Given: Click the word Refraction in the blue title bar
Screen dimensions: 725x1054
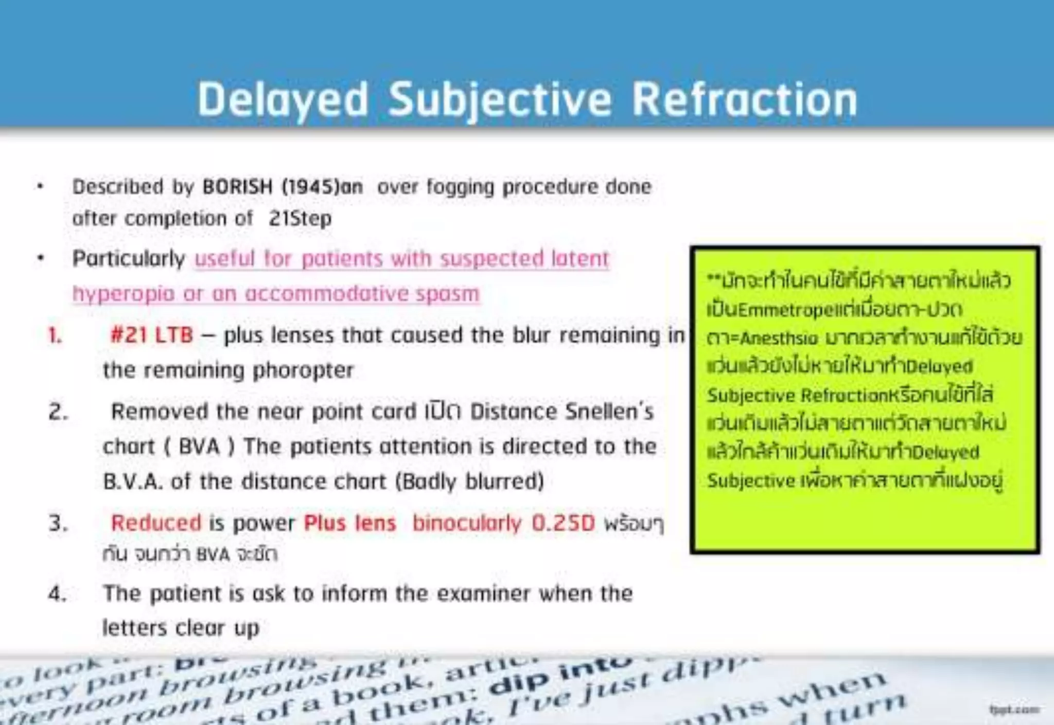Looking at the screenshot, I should pos(744,99).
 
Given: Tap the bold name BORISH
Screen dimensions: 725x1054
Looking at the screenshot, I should pos(237,187).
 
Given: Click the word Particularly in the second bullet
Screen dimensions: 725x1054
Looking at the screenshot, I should pos(129,258).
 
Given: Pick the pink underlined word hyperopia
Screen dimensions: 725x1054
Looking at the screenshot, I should pos(124,294).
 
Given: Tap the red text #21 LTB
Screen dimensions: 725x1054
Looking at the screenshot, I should pos(152,335).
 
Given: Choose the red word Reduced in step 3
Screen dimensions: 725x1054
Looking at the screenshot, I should pos(156,523).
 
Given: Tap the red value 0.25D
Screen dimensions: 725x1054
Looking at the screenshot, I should pos(563,523).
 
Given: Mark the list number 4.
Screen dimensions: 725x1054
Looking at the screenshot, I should pos(58,594).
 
